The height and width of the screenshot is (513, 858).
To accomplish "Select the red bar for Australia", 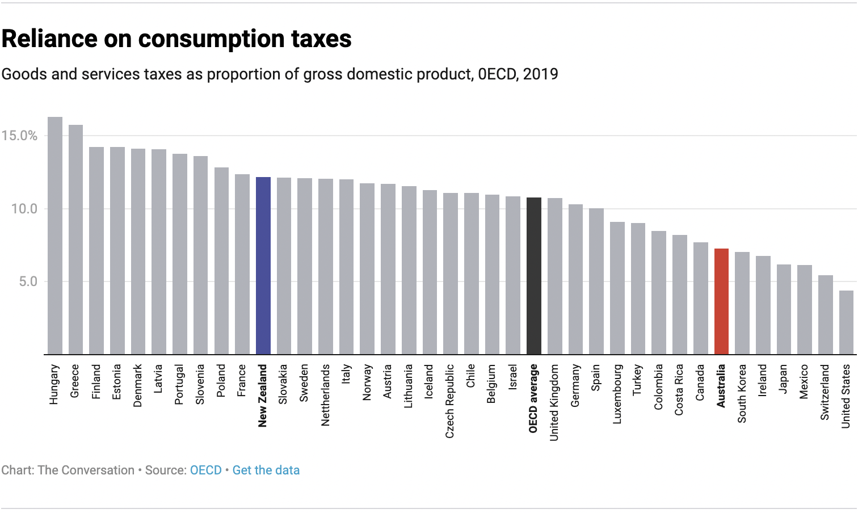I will tap(721, 301).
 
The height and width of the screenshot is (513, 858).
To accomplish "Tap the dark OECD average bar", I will tap(533, 276).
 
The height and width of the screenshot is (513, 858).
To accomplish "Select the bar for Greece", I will tap(75, 239).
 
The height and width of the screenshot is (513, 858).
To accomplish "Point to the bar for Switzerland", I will tap(825, 315).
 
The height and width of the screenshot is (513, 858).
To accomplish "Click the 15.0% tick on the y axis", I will tap(19, 136).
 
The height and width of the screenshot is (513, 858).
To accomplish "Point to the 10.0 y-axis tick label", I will tap(24, 209).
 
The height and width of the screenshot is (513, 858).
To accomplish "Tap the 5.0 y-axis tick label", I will tap(28, 281).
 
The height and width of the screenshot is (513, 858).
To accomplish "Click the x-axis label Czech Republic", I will tap(450, 401).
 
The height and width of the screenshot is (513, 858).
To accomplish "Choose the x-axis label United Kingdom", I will tap(554, 402).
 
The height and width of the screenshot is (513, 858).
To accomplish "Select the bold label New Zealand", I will tap(262, 396).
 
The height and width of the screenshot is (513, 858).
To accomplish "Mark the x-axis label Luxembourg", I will tap(617, 394).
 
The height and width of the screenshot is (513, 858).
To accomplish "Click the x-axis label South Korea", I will tap(742, 393).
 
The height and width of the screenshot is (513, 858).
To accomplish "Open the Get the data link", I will tap(266, 470).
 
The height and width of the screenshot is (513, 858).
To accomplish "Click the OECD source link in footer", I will tap(205, 470).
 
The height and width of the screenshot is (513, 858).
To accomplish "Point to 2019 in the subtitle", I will tap(540, 74).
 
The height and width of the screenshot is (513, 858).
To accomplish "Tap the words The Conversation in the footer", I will tap(86, 470).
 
